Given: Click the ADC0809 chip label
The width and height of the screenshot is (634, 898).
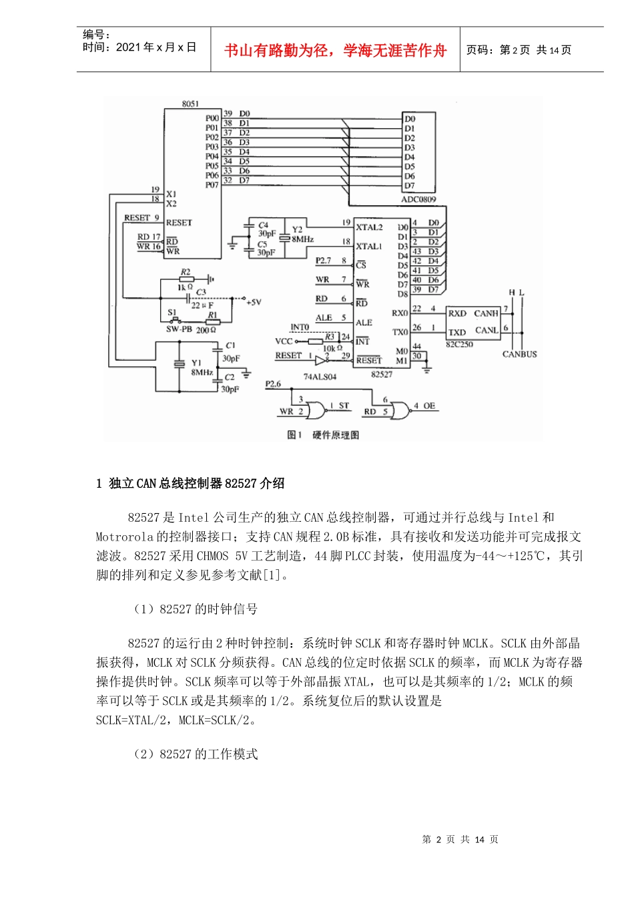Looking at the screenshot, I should click(x=418, y=199).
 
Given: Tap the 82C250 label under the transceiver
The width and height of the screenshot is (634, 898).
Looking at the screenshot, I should click(x=459, y=345).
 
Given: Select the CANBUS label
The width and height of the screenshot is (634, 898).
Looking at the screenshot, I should click(x=519, y=354).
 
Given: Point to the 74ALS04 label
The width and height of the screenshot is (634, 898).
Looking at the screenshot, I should click(x=320, y=377).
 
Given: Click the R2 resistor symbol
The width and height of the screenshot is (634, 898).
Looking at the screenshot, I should click(x=186, y=279).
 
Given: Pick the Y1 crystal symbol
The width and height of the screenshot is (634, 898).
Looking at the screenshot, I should click(x=179, y=364).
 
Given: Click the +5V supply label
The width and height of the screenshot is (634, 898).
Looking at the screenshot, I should click(x=254, y=302).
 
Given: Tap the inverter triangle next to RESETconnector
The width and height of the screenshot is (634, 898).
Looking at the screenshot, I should click(x=321, y=359).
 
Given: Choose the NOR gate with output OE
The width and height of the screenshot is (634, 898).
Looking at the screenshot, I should click(x=400, y=410).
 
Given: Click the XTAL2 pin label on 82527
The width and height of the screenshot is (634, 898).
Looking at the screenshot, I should click(x=369, y=227).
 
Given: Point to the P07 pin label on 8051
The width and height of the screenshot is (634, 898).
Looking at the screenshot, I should click(x=212, y=185).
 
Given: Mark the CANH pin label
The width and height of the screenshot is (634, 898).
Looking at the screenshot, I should click(x=487, y=313).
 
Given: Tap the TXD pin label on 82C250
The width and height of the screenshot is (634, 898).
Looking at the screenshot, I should click(x=457, y=332).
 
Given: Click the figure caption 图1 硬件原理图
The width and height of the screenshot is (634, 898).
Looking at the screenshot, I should click(x=323, y=435).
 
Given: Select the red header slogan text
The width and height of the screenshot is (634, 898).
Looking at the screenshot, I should click(x=335, y=51).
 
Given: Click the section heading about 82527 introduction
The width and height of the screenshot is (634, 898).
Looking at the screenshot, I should click(x=191, y=483).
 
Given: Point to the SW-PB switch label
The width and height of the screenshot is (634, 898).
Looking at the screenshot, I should click(x=179, y=329).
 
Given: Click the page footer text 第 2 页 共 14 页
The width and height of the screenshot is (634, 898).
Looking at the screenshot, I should click(x=460, y=839).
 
